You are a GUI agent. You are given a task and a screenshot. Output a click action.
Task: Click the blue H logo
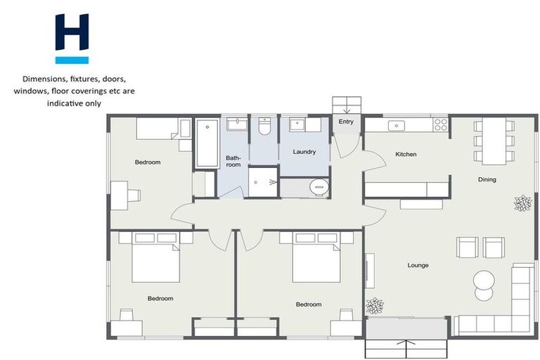[x=72, y=39]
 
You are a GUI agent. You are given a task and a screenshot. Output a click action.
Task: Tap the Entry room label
[x=346, y=122]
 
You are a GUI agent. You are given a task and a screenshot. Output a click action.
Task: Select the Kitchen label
[x=406, y=154]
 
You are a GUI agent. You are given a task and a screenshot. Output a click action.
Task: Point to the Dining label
[x=487, y=179]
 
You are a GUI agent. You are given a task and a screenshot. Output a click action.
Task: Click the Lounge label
[x=418, y=265]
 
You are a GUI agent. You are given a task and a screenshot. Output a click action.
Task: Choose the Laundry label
[x=304, y=151]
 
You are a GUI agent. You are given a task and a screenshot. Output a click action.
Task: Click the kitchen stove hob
[x=441, y=125]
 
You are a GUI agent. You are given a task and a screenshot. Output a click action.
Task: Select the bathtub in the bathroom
[x=207, y=143]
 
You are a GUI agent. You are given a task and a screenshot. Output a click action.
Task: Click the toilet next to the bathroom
[x=264, y=127]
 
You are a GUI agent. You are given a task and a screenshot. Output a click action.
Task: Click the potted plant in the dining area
[x=522, y=203]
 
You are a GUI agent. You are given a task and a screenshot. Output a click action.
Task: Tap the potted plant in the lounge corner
[x=375, y=305]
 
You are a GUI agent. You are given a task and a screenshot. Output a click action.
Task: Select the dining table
[x=489, y=141]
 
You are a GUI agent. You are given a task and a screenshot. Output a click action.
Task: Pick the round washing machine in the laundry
[x=319, y=187]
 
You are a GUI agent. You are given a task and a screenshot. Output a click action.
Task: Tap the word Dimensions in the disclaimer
[x=45, y=79]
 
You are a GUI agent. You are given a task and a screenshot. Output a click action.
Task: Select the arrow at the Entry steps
[x=346, y=108]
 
